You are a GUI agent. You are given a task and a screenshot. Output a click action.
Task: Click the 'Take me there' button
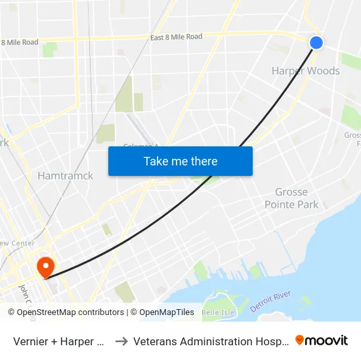coord(180,161)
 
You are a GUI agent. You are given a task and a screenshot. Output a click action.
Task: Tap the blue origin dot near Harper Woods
coord(316,42)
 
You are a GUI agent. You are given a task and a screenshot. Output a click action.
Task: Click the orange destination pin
coord(45,266)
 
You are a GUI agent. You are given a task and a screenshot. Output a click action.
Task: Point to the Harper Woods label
coord(305,70)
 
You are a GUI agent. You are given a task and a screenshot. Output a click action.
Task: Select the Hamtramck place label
coord(65,175)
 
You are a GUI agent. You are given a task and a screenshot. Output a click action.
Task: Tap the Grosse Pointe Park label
coord(291,198)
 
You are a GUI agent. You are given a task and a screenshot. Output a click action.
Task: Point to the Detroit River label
coord(270,303)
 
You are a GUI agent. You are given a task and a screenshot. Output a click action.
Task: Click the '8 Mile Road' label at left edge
coord(20,43)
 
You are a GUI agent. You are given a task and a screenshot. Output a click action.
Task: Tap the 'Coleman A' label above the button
coord(142,146)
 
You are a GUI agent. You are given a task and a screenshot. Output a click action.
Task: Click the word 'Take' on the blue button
coord(156,161)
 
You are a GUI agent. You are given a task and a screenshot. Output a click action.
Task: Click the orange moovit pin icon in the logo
coord(300,340)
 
